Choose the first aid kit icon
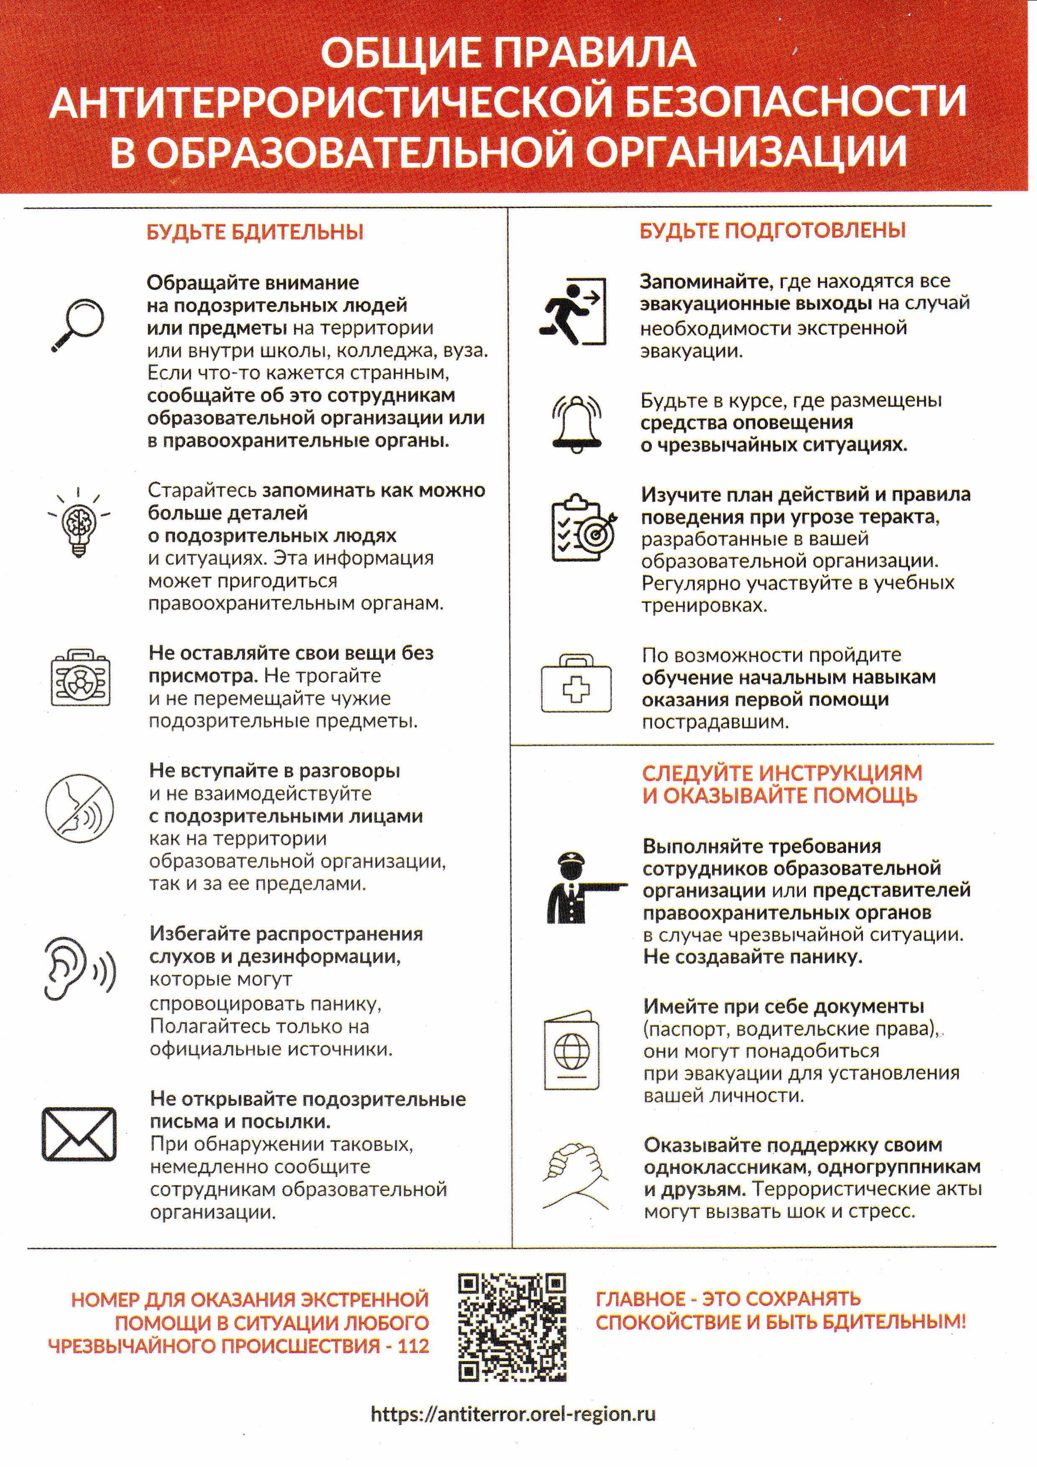click(576, 683)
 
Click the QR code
click(512, 1327)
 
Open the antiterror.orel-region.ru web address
click(513, 1413)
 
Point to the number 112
click(413, 1346)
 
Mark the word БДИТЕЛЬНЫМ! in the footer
click(894, 1322)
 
